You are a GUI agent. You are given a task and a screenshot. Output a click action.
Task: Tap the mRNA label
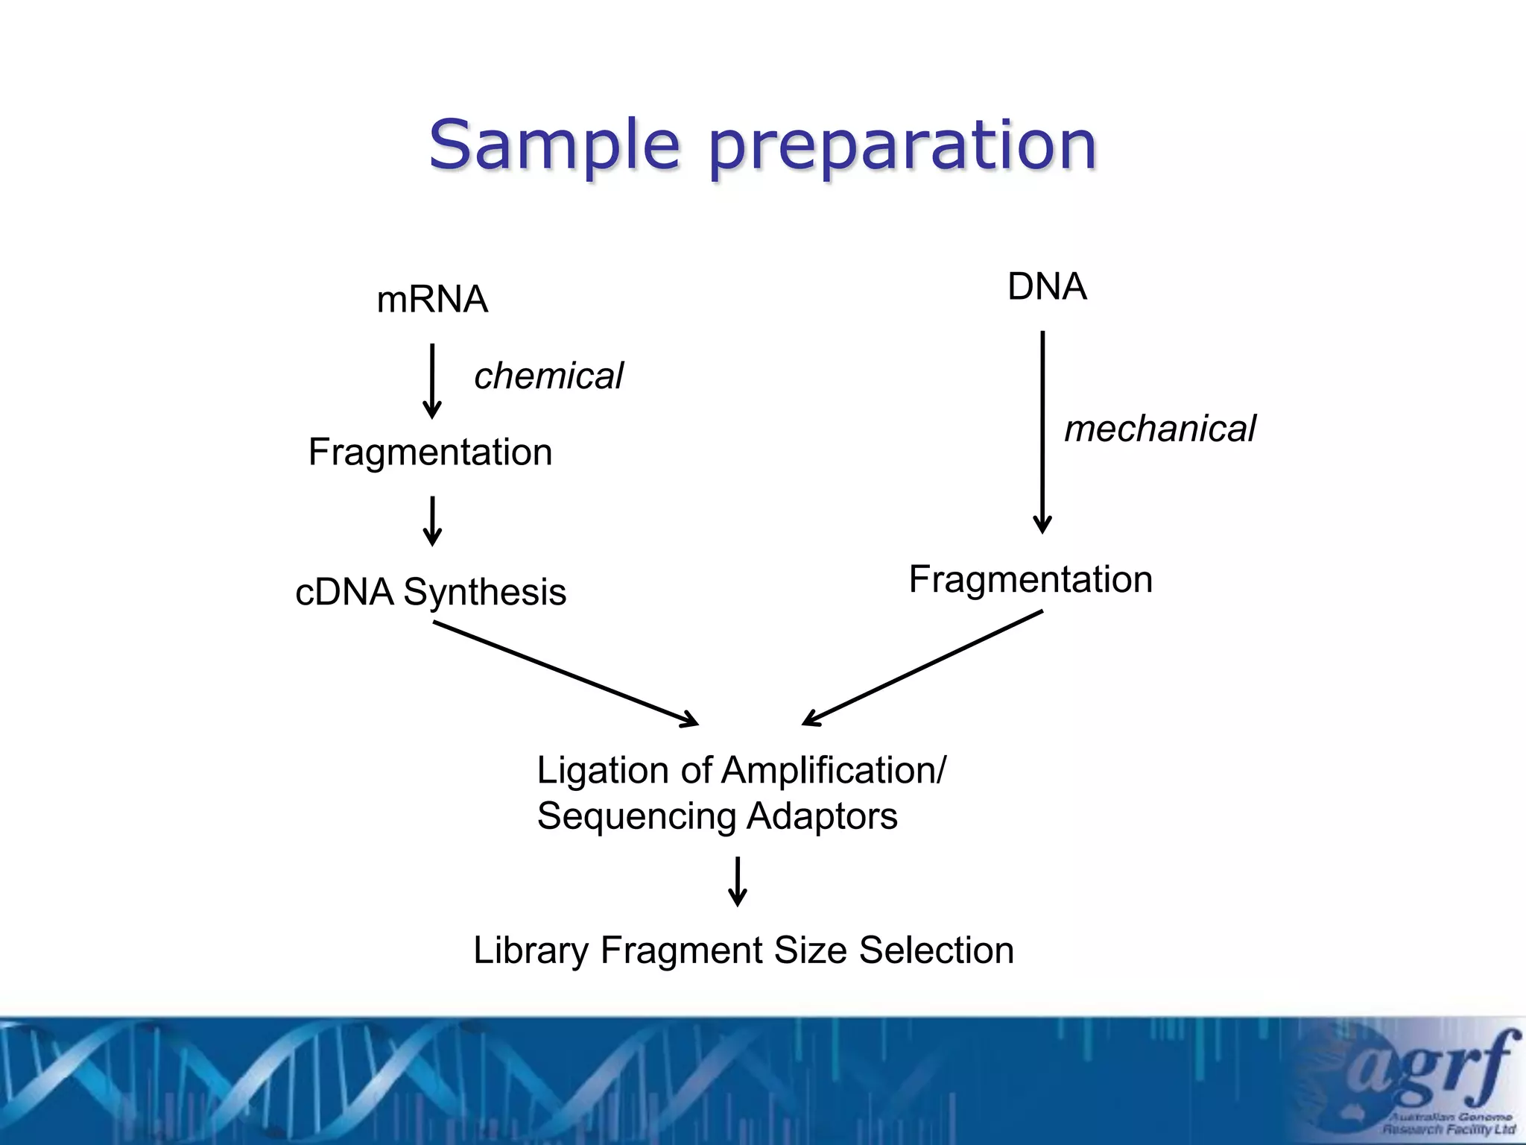pyautogui.click(x=432, y=300)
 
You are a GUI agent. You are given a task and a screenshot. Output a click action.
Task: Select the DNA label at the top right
pyautogui.click(x=1047, y=286)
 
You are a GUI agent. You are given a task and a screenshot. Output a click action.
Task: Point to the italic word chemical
pyautogui.click(x=548, y=376)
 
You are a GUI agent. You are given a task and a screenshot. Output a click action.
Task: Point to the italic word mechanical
pyautogui.click(x=1159, y=429)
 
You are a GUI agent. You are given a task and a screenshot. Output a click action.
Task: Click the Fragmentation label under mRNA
pyautogui.click(x=430, y=452)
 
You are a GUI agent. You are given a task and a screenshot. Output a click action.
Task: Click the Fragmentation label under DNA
pyautogui.click(x=1030, y=579)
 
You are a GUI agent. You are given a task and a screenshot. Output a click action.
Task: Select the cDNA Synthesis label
pyautogui.click(x=431, y=592)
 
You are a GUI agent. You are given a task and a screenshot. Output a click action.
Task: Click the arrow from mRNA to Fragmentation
pyautogui.click(x=432, y=380)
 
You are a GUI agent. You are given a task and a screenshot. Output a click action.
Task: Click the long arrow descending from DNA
pyautogui.click(x=1042, y=432)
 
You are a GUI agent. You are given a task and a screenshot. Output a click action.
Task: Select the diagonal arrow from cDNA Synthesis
pyautogui.click(x=566, y=673)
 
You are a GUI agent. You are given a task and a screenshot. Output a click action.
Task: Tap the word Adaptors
pyautogui.click(x=822, y=816)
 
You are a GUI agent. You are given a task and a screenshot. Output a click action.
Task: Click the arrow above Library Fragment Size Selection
pyautogui.click(x=738, y=881)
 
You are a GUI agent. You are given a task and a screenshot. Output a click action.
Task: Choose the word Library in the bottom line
pyautogui.click(x=531, y=950)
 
